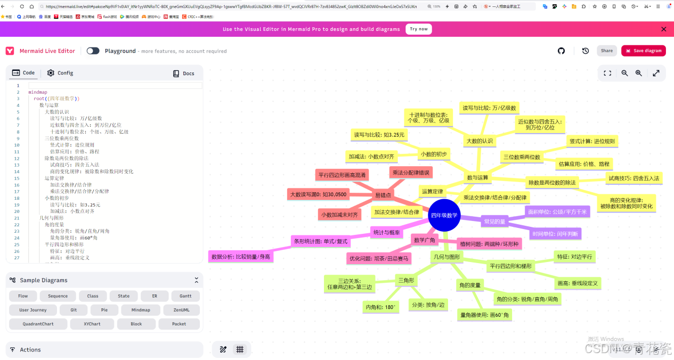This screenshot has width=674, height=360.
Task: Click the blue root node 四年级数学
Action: click(444, 215)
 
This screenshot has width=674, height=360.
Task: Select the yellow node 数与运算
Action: click(477, 177)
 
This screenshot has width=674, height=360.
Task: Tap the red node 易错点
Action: click(383, 195)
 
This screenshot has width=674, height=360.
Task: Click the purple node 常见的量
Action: click(494, 221)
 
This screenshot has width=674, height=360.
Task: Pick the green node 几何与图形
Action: click(446, 257)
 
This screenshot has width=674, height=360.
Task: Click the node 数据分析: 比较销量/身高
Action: click(241, 257)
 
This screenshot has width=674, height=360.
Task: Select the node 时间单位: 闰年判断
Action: click(555, 234)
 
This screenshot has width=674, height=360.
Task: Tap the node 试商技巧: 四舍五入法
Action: click(634, 178)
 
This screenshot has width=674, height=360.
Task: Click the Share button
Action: click(606, 51)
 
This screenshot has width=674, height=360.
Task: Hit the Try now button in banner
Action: click(418, 29)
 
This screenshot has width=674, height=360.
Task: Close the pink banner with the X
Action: click(663, 29)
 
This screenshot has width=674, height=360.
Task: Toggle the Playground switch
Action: click(93, 51)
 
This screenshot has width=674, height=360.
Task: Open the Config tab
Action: click(60, 73)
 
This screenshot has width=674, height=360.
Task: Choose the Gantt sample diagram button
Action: click(185, 296)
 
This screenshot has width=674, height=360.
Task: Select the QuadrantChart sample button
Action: click(38, 324)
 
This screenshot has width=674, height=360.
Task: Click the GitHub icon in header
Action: click(561, 51)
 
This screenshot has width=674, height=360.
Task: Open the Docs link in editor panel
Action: click(184, 73)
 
